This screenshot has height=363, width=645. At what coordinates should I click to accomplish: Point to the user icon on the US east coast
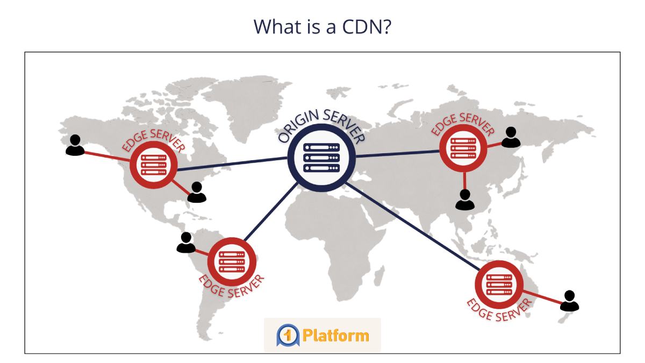[197, 192]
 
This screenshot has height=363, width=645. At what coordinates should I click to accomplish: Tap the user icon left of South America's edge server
[186, 243]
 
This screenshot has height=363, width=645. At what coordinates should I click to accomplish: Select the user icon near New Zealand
[570, 301]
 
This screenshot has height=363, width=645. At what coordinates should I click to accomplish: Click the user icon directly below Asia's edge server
[464, 199]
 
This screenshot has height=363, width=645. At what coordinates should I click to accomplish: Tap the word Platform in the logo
[335, 336]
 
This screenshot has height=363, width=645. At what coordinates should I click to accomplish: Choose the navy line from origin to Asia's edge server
[398, 154]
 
